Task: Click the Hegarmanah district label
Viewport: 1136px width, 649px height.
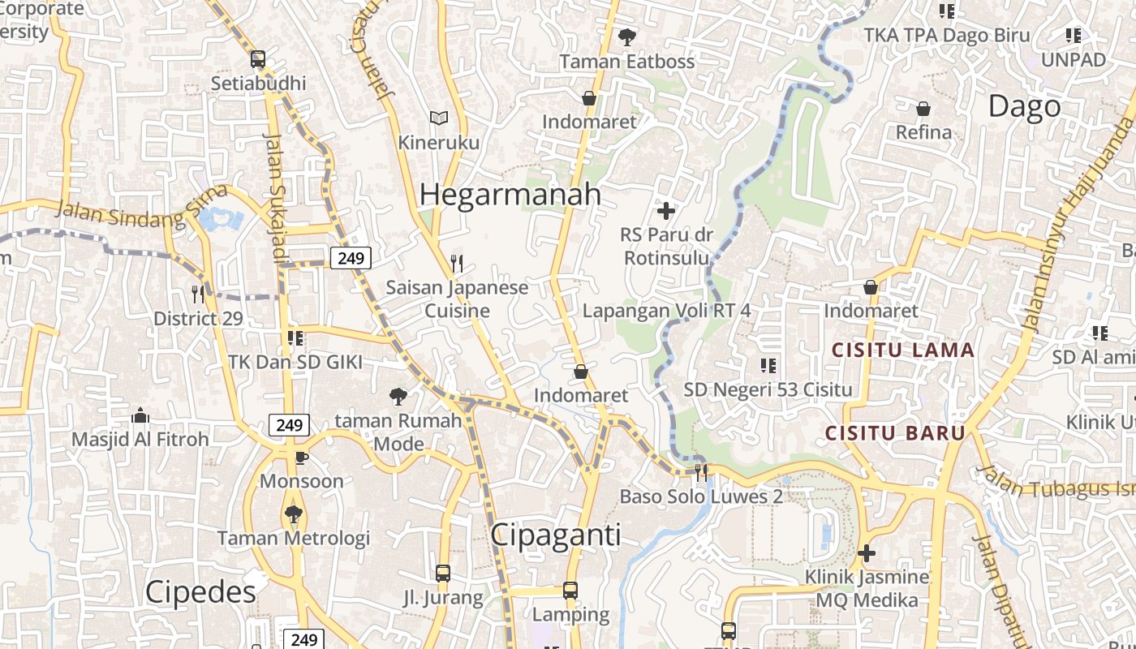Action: [x=510, y=195]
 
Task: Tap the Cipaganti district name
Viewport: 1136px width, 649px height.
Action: [x=556, y=535]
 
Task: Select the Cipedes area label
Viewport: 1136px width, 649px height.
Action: [x=200, y=592]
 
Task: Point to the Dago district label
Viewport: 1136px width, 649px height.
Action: [x=1024, y=106]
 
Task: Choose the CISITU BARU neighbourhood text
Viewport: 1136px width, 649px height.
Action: [x=895, y=432]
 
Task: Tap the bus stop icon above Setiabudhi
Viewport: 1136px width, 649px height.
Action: [x=258, y=59]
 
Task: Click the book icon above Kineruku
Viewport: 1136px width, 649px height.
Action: [x=439, y=118]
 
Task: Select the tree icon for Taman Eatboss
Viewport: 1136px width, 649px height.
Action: [x=626, y=37]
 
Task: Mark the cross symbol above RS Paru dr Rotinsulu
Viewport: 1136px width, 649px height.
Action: [x=666, y=212]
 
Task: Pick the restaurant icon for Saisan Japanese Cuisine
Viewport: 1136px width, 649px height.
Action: [x=457, y=263]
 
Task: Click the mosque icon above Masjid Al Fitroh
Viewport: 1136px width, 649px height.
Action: [x=140, y=416]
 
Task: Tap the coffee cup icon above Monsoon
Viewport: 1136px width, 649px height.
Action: [x=301, y=458]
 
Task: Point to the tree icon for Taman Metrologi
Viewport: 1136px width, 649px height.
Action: [x=293, y=514]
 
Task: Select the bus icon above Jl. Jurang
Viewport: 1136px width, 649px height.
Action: [x=443, y=574]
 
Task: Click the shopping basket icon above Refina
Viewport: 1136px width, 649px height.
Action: [x=923, y=109]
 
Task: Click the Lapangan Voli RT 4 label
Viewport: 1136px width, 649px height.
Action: [x=666, y=311]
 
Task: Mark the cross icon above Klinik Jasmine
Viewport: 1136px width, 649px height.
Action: [x=867, y=553]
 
